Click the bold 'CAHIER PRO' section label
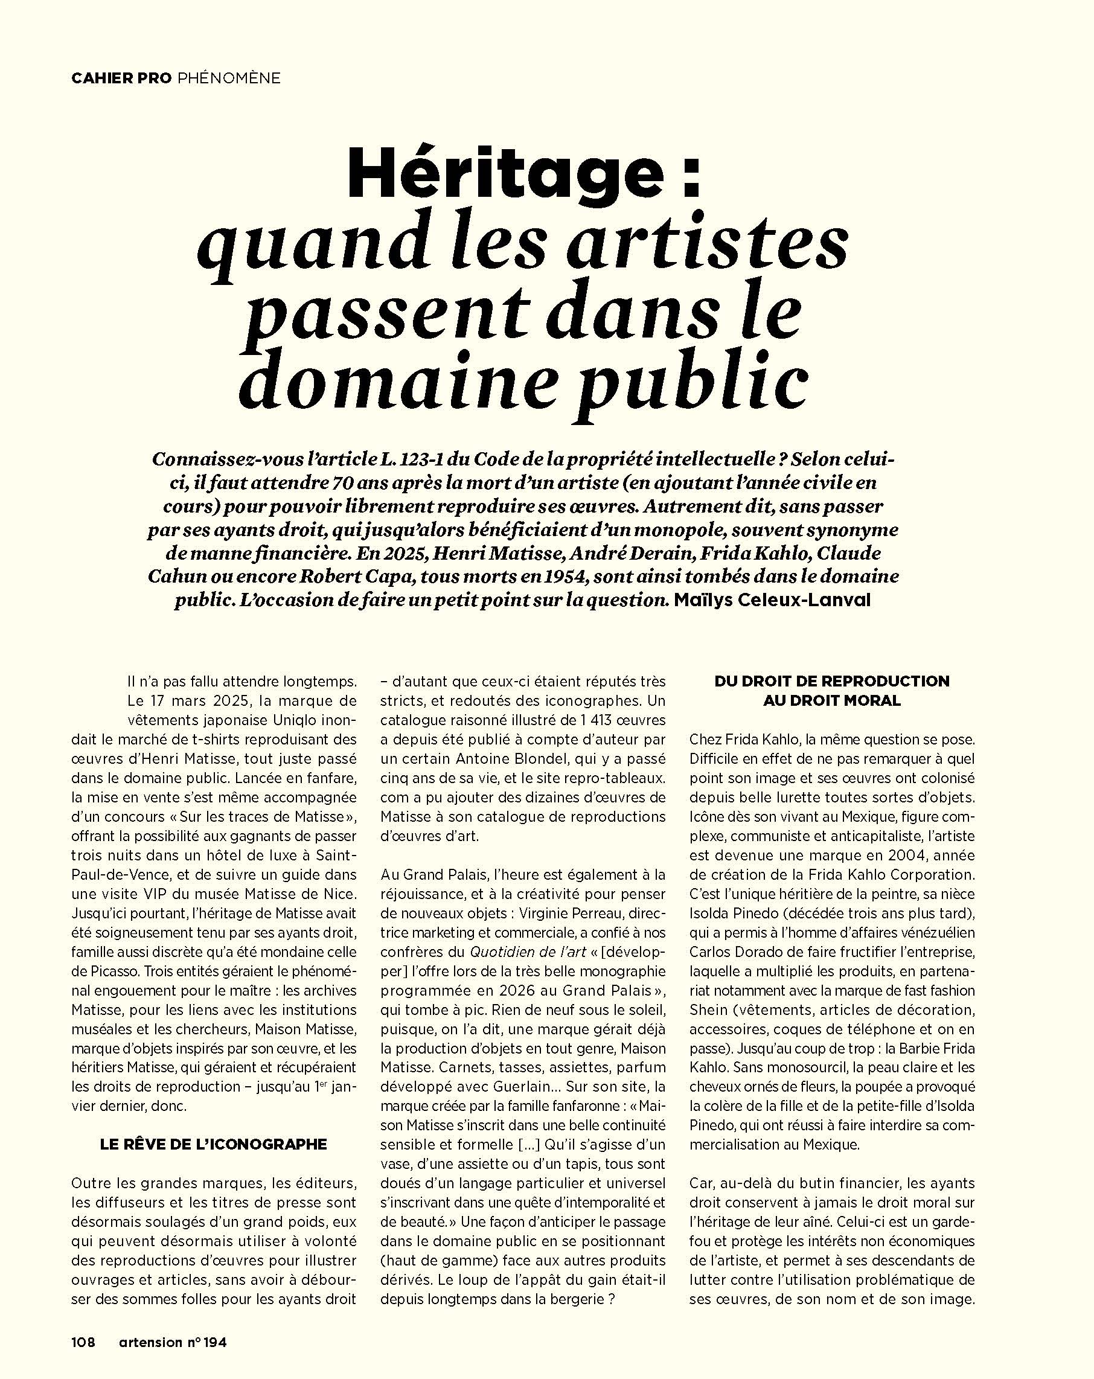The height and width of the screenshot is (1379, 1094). [x=121, y=78]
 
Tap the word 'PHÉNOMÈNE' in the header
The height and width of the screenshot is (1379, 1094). [x=228, y=78]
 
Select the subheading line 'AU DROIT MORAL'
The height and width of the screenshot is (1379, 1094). [x=832, y=700]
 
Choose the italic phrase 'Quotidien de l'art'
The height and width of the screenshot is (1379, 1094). [x=528, y=952]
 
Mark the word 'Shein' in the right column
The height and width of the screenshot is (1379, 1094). [x=709, y=1010]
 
